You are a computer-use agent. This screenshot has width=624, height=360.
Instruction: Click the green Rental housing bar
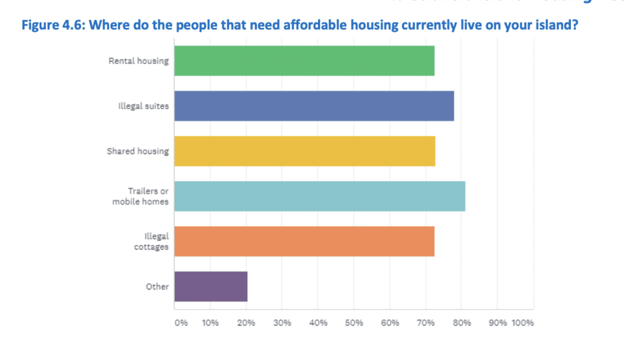click(304, 61)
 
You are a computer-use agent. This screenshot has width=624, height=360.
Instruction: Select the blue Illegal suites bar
click(314, 106)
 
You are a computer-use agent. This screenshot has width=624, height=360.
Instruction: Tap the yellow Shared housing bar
click(305, 151)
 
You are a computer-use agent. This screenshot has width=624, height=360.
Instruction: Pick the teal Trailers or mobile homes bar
click(319, 196)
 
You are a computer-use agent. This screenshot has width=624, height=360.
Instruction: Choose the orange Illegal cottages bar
click(304, 241)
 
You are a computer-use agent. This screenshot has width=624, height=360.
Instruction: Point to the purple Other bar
click(211, 286)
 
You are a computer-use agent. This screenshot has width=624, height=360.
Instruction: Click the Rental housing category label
click(138, 61)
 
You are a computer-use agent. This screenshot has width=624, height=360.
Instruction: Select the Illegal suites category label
click(143, 106)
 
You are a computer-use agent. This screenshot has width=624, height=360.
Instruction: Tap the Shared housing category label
click(138, 151)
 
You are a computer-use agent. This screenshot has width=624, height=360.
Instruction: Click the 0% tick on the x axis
click(181, 322)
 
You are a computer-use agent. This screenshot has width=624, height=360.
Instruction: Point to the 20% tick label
click(246, 322)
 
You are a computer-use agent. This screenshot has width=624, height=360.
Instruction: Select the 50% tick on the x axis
click(354, 322)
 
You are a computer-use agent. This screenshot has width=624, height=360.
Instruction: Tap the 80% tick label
click(461, 322)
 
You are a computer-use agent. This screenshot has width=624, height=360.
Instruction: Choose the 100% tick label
click(522, 322)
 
